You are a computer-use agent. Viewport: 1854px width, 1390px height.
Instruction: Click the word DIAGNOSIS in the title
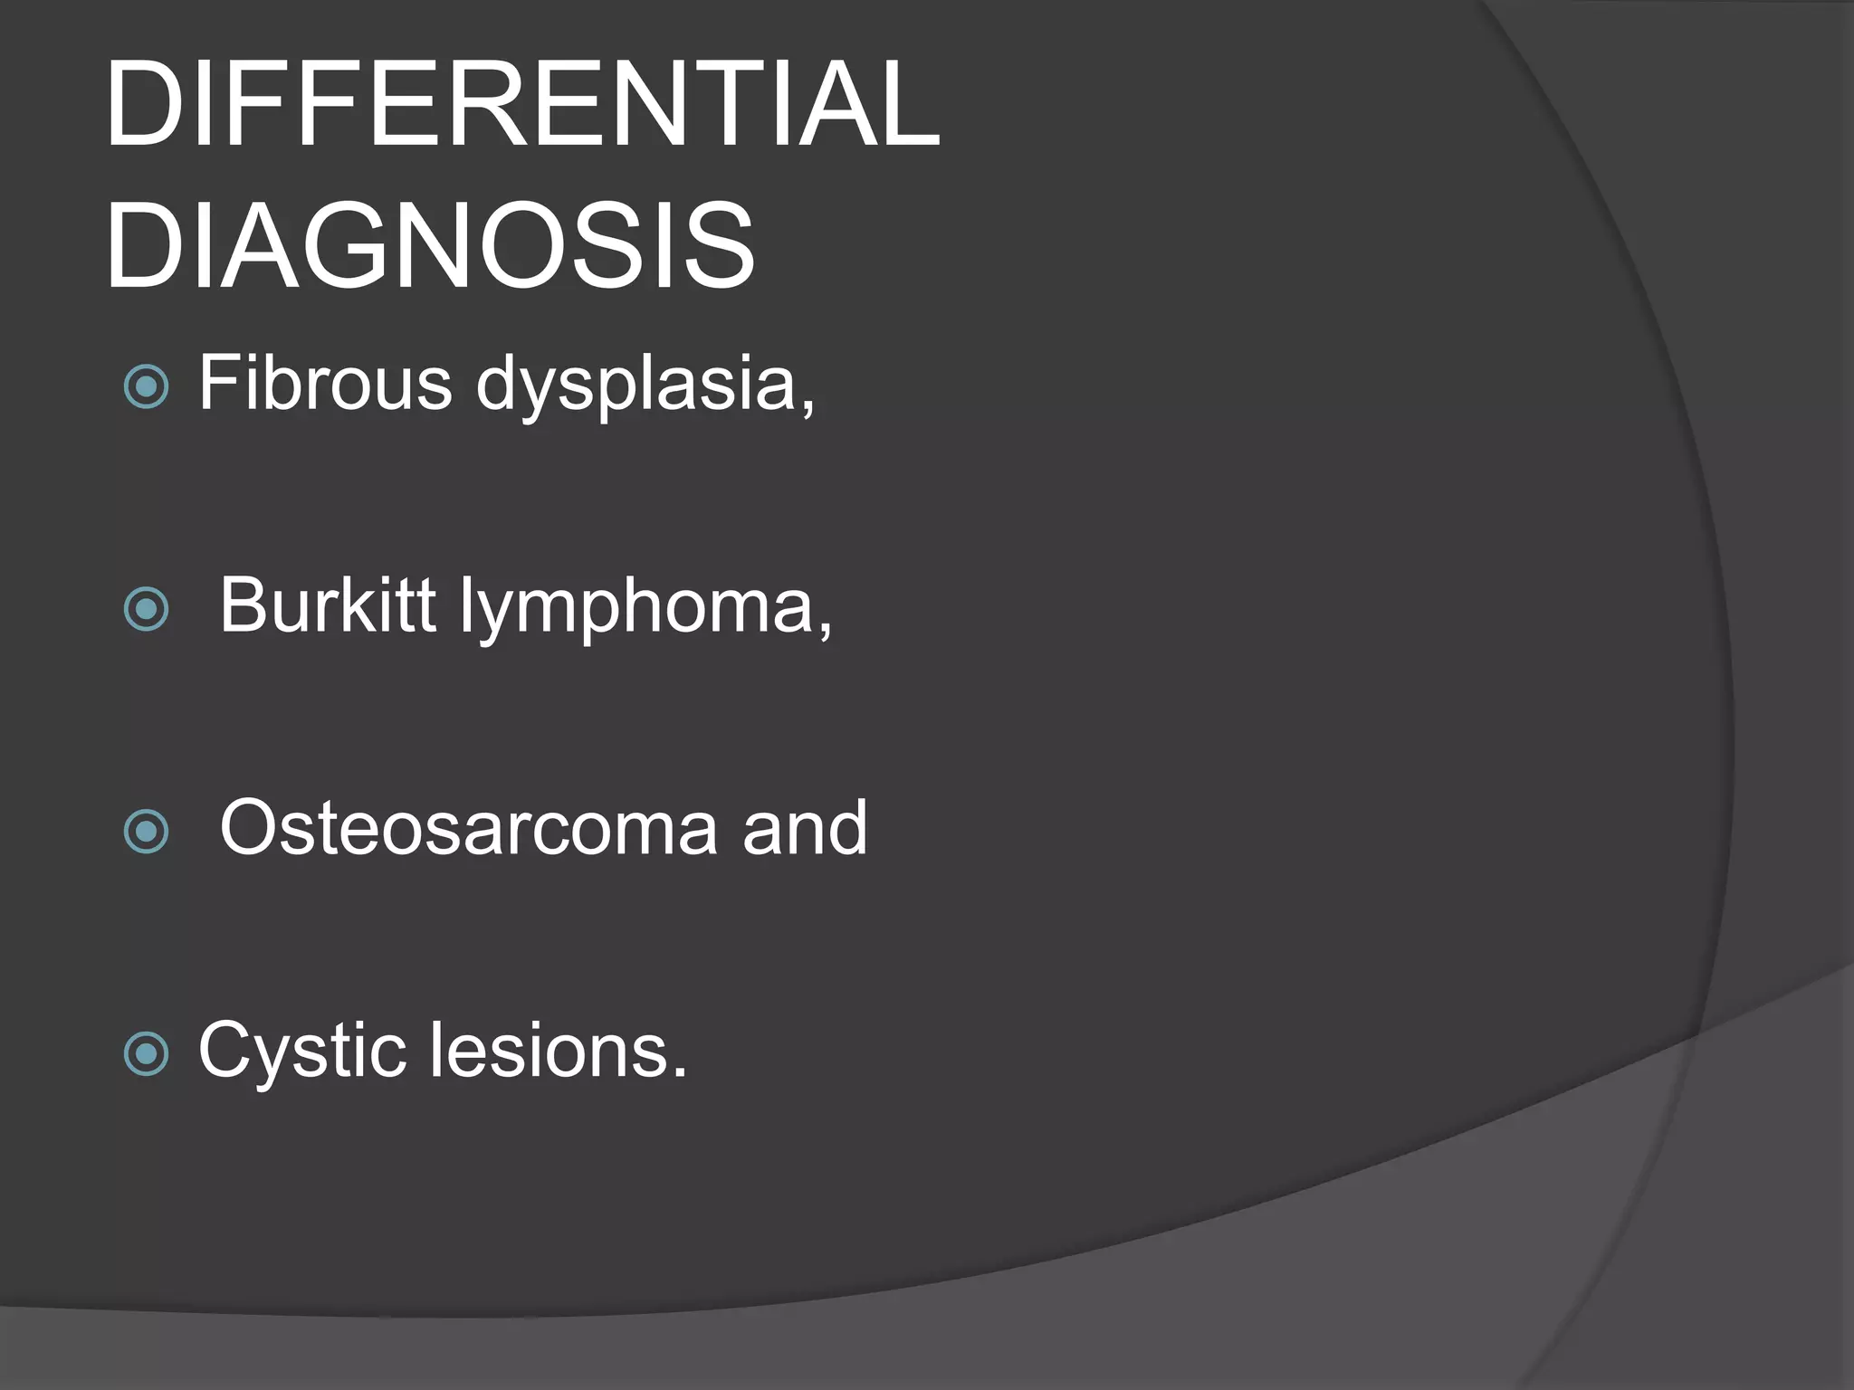(x=429, y=246)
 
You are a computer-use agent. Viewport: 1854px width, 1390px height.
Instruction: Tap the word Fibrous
(x=325, y=383)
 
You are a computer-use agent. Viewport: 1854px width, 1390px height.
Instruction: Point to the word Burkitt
(x=327, y=605)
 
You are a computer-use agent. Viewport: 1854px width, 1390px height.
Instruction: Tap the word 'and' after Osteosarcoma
(x=805, y=827)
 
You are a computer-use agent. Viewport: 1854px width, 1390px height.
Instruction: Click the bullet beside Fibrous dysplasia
(x=146, y=387)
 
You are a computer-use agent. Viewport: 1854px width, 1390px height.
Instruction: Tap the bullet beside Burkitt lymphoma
(x=146, y=609)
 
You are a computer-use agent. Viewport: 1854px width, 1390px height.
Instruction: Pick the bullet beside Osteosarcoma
(x=146, y=832)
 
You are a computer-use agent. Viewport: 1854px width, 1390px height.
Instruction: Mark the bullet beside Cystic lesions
(x=146, y=1054)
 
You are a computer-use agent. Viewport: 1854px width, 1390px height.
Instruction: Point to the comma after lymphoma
(x=825, y=630)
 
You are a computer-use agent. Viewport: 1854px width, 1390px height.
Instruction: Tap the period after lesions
(x=680, y=1073)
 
